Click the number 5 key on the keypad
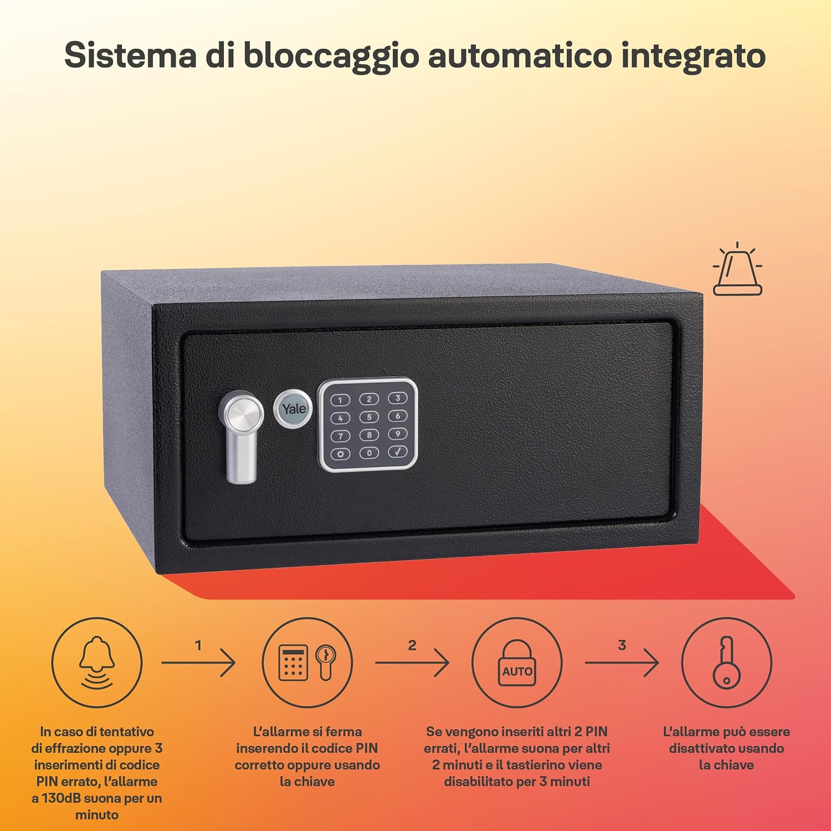[369, 417]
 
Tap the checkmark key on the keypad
[398, 452]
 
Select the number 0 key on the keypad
[369, 453]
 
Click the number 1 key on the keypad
[340, 400]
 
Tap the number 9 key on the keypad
[398, 434]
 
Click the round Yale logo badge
[293, 409]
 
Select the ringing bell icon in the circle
[97, 662]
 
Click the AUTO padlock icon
[517, 663]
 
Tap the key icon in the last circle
[725, 663]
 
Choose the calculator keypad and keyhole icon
[307, 662]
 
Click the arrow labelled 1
[198, 662]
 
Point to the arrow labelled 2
[412, 662]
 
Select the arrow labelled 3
[622, 662]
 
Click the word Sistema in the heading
[130, 55]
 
